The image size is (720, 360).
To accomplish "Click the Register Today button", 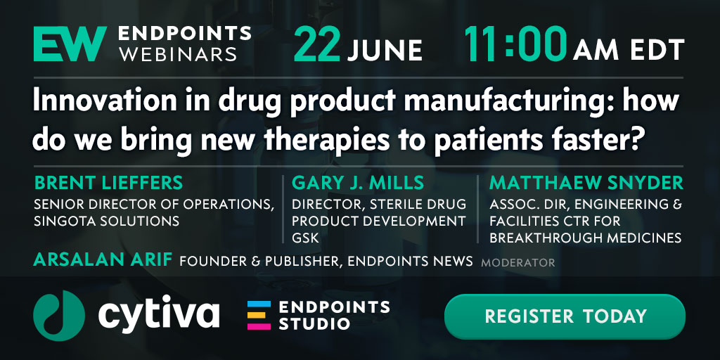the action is (x=565, y=316).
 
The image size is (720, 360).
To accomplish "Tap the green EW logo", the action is (x=70, y=44).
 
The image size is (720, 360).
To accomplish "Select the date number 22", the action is (x=317, y=44).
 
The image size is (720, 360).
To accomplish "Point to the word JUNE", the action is (x=385, y=50).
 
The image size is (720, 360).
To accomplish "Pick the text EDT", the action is (x=657, y=50).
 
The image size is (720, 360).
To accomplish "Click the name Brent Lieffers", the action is (x=108, y=183).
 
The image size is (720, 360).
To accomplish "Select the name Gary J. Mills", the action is (x=358, y=183).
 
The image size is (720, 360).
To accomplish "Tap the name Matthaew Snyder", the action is (x=586, y=183).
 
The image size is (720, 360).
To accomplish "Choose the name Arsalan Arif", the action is (x=103, y=260).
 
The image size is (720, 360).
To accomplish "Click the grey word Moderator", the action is (x=518, y=263).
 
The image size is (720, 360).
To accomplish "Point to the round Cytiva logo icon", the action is (x=59, y=316).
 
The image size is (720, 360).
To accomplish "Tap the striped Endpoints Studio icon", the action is (x=259, y=316).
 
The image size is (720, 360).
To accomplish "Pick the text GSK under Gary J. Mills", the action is (x=305, y=238).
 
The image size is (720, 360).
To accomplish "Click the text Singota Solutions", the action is (x=107, y=221).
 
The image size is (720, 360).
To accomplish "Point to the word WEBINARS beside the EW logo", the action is (x=178, y=53).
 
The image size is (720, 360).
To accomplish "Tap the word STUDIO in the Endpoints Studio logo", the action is (x=314, y=323).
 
